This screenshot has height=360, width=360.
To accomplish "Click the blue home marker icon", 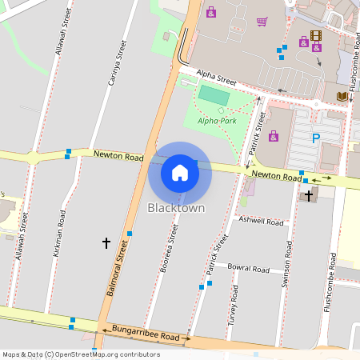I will (x=180, y=172).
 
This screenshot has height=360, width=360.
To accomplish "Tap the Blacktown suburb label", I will (x=176, y=208).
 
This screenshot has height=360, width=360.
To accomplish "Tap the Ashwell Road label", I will (x=262, y=221).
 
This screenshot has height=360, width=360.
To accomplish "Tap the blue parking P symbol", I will (x=315, y=138).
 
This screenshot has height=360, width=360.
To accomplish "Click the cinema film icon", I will (x=315, y=36).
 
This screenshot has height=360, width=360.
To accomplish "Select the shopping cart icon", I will (x=262, y=22).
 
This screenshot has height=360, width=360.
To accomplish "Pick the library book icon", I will (x=342, y=97).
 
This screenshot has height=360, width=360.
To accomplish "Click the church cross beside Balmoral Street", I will (x=106, y=241).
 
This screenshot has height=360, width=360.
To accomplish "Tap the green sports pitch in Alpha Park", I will (x=213, y=94).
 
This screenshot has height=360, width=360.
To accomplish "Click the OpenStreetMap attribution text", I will (x=81, y=354).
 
